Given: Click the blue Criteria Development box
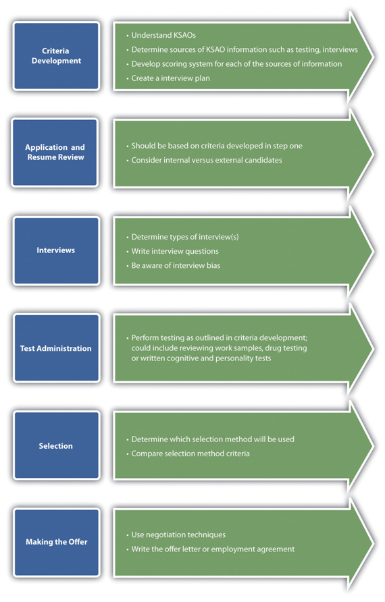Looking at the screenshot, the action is click(x=56, y=56).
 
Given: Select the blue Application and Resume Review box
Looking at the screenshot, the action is click(x=55, y=153).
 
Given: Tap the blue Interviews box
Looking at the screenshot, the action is click(x=56, y=250).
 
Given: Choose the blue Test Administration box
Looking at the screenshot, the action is click(x=56, y=348).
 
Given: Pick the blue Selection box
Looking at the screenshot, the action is click(x=56, y=445).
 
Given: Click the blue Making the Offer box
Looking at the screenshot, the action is click(x=56, y=542).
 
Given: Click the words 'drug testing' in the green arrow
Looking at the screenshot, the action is click(x=286, y=348).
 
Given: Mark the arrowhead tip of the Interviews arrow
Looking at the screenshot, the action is click(x=374, y=251).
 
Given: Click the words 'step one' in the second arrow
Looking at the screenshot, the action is click(x=288, y=146).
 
